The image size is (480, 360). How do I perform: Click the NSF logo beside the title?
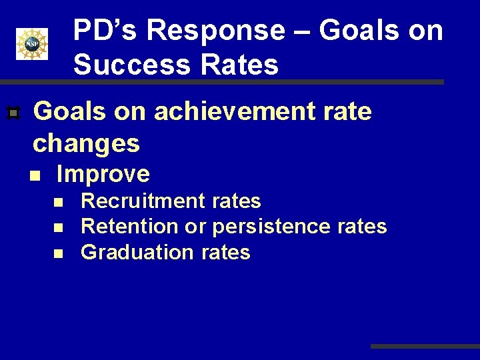[32, 44]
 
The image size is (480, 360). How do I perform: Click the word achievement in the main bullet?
[232, 112]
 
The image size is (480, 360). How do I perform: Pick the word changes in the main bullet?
[87, 143]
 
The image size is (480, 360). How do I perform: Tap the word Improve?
[103, 175]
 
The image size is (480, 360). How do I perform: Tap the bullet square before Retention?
[59, 227]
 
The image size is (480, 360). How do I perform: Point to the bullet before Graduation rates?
[59, 253]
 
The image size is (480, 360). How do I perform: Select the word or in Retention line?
[195, 227]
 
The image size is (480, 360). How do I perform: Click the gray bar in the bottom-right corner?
[425, 347]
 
